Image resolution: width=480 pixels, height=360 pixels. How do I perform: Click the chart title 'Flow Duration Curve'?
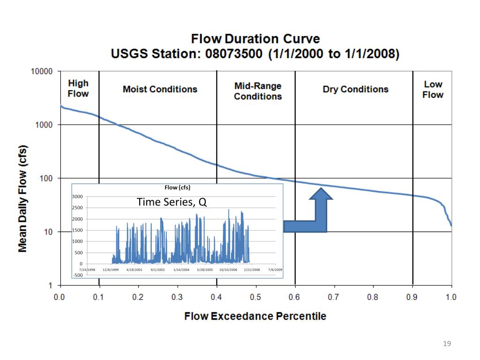pyautogui.click(x=255, y=38)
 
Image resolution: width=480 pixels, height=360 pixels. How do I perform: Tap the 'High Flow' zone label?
pyautogui.click(x=78, y=88)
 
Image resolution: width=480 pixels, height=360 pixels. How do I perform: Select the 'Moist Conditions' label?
pyautogui.click(x=160, y=89)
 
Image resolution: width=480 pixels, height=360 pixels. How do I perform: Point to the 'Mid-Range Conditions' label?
pyautogui.click(x=258, y=91)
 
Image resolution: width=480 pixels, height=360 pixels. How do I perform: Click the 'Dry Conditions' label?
pyautogui.click(x=355, y=89)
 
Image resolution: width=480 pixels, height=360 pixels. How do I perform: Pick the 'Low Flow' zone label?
pyautogui.click(x=433, y=89)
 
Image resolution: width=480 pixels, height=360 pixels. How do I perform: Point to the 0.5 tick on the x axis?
pyautogui.click(x=255, y=297)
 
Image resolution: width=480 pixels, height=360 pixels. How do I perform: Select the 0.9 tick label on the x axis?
pyautogui.click(x=412, y=297)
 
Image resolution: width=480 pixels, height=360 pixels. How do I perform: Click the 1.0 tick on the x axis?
pyautogui.click(x=451, y=297)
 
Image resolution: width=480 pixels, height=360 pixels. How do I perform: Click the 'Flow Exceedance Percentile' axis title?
pyautogui.click(x=255, y=316)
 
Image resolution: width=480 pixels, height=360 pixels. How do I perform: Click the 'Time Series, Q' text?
pyautogui.click(x=171, y=202)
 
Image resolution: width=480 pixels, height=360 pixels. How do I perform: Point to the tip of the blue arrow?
pyautogui.click(x=321, y=188)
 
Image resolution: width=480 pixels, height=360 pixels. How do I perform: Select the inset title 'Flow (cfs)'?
pyautogui.click(x=177, y=187)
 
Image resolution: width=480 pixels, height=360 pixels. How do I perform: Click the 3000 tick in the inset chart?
pyautogui.click(x=77, y=196)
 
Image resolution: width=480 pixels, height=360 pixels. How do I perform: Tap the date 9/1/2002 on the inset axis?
pyautogui.click(x=157, y=270)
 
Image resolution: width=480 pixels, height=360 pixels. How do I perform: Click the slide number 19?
pyautogui.click(x=446, y=345)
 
